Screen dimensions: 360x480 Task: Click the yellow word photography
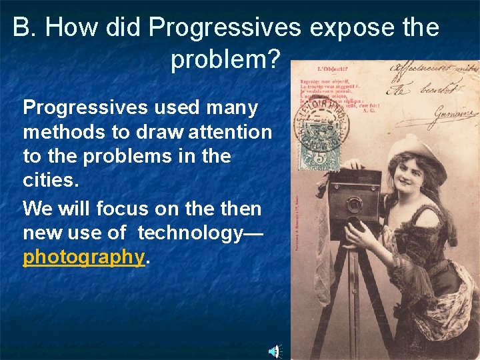point(83,257)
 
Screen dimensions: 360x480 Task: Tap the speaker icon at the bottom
point(274,351)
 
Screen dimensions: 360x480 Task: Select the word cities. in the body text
point(49,181)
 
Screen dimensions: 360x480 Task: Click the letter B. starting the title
point(23,28)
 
